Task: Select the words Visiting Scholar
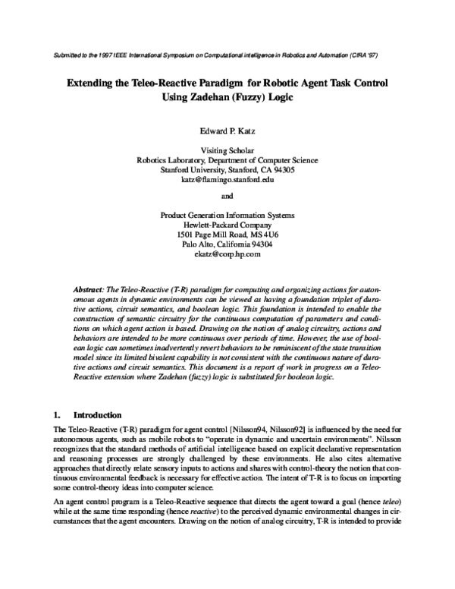227,150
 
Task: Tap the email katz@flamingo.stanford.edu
227,180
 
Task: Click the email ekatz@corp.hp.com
227,254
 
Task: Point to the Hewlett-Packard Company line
227,225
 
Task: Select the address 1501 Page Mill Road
210,235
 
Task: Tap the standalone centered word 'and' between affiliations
227,196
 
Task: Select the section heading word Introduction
97,415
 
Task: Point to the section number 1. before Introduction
55,415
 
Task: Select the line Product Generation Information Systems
227,215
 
